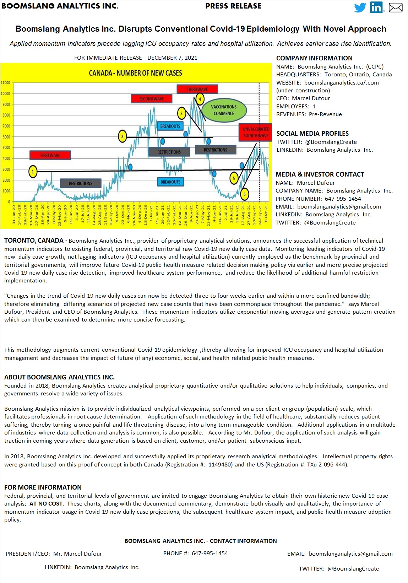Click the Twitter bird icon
(360, 7)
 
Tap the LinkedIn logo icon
(376, 7)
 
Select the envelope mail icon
(396, 7)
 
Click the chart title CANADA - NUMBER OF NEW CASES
(135, 73)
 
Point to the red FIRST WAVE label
(50, 155)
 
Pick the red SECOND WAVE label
(152, 99)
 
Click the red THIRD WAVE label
(197, 89)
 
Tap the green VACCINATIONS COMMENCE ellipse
(224, 110)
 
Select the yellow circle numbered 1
(33, 172)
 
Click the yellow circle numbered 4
(200, 99)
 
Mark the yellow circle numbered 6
(244, 194)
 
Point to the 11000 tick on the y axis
(6, 83)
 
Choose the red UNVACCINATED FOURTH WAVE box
(256, 132)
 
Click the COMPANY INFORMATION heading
(314, 58)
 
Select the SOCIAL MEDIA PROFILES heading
(312, 134)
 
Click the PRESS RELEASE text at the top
(233, 6)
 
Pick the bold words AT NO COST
(46, 504)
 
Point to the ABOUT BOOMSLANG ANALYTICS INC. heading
(59, 377)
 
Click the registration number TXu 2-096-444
(327, 464)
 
